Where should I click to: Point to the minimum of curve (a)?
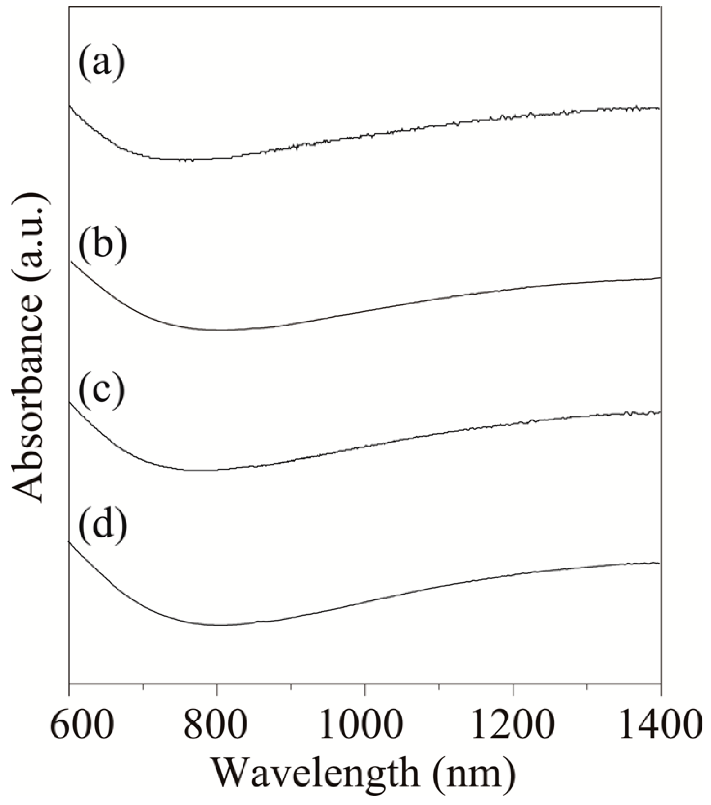189,160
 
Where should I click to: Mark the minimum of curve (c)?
198,470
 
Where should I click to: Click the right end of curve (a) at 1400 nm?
659,108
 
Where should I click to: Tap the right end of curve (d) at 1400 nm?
659,563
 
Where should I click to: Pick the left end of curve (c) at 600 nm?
70,403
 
